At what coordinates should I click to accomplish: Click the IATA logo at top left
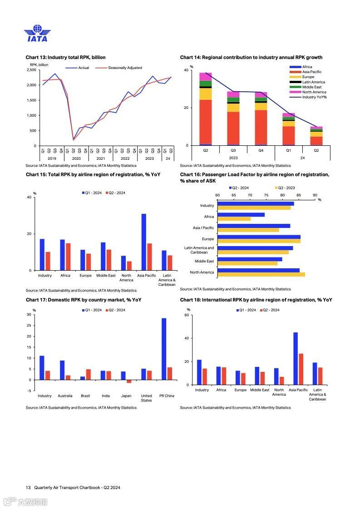point(37,34)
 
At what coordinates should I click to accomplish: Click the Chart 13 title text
point(65,57)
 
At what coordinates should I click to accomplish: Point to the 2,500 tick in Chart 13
point(31,70)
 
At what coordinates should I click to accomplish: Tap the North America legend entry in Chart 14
point(314,92)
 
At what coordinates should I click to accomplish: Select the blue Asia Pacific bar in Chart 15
point(144,242)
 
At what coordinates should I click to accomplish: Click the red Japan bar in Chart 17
point(129,381)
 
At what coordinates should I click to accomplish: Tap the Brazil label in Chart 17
point(85,396)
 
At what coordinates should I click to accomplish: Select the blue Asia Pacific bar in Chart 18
point(296,358)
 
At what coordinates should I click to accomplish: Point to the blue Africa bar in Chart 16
point(241,215)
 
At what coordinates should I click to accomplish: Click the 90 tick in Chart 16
point(315,195)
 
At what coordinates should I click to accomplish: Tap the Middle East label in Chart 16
point(204,261)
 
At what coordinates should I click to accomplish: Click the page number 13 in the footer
point(28,488)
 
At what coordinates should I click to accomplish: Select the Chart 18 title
point(256,300)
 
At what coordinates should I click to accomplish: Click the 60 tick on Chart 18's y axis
point(187,315)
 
